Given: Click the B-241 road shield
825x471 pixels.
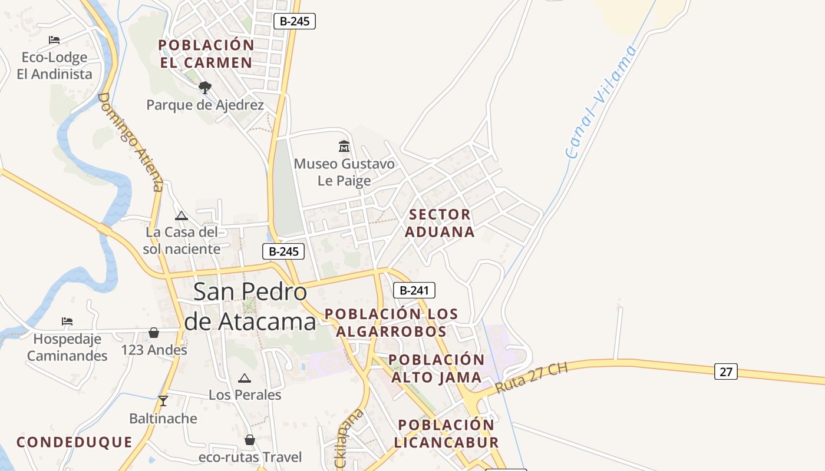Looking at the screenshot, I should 414,290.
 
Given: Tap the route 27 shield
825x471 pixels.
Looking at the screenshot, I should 725,372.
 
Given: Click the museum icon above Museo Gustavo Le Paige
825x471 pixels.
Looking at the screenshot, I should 344,146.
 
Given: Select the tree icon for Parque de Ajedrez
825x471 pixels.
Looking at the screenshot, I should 204,88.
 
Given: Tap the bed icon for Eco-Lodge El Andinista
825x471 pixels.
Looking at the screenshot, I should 54,40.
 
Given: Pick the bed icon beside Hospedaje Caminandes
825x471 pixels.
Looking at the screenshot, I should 67,321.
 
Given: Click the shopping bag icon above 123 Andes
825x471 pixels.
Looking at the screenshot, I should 154,333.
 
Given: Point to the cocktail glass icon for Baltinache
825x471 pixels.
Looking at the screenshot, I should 163,401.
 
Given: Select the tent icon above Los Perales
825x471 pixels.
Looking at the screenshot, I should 245,378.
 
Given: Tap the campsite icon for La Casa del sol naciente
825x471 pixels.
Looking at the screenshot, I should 181,215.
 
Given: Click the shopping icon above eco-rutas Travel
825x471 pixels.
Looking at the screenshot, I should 250,440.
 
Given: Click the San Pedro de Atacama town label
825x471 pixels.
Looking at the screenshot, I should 250,307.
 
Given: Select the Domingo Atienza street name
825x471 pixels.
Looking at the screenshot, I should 130,141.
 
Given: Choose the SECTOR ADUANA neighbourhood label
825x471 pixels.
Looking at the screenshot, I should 440,223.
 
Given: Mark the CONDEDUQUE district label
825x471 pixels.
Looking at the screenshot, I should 74,442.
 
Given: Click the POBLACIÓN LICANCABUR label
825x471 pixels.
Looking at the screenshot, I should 446,433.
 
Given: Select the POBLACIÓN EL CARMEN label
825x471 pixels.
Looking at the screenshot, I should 206,54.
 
